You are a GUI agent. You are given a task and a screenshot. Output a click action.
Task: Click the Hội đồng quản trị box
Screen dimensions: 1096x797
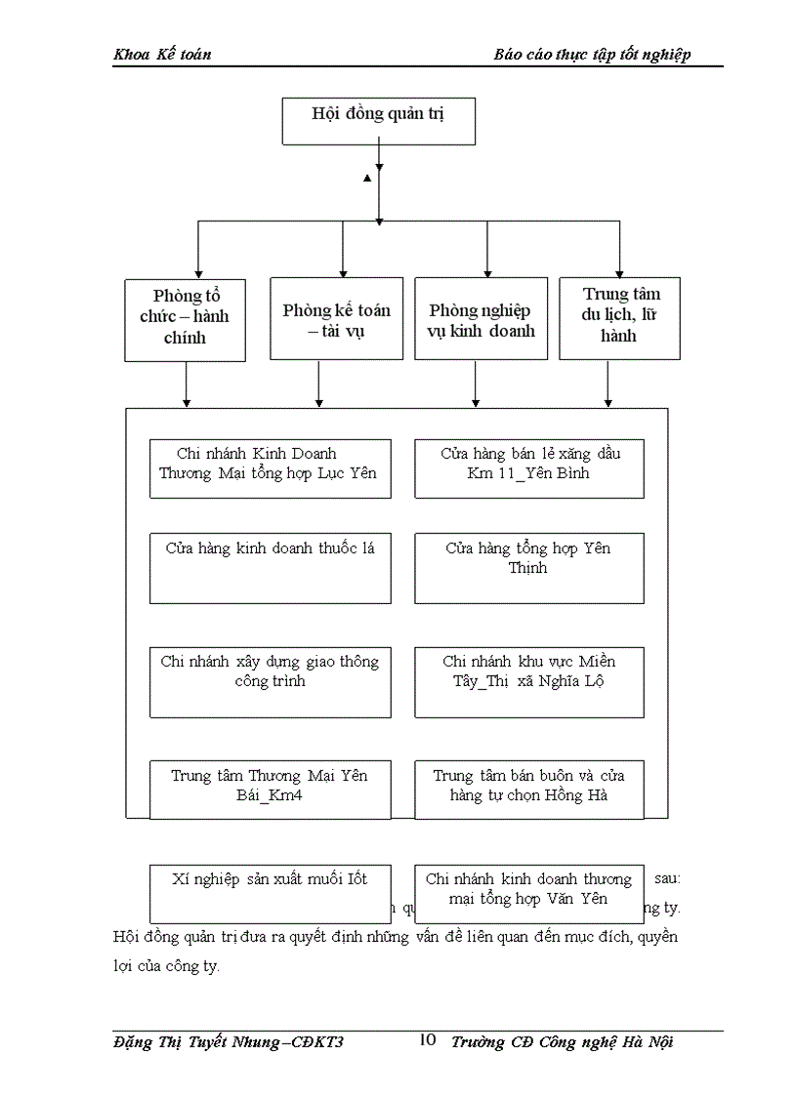coord(378,121)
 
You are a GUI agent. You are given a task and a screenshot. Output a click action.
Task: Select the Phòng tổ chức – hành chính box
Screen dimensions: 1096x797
coord(186,319)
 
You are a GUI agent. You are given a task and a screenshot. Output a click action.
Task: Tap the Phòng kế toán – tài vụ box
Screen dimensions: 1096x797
coord(336,319)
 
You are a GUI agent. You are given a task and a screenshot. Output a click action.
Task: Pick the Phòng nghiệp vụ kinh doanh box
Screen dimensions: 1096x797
coord(481,319)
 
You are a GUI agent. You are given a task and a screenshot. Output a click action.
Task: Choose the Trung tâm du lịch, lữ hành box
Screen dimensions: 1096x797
coord(620,316)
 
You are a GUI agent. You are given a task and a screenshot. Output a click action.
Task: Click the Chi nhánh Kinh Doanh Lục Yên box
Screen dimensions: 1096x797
coord(270,468)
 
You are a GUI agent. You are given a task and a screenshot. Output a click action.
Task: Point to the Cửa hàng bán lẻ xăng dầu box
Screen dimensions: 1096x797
coord(528,468)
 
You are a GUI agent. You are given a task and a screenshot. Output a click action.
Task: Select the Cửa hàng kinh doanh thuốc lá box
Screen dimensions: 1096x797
coord(270,567)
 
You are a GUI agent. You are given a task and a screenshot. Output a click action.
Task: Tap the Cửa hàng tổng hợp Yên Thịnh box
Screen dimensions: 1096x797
coord(528,567)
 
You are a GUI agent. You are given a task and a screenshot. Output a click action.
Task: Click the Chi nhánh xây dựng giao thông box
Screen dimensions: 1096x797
coord(270,681)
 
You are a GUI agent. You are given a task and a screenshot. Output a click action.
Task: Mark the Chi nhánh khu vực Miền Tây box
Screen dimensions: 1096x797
coord(528,681)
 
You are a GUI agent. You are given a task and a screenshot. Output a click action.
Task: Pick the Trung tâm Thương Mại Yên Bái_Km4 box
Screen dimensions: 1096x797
coord(270,789)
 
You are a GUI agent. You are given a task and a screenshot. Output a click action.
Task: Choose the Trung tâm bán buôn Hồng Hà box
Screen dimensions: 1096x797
coord(528,789)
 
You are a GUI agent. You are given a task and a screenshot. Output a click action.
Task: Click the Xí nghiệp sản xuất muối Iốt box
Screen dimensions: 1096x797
coord(270,892)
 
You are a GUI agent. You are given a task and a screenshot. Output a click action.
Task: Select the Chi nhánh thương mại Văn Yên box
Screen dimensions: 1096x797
coord(528,892)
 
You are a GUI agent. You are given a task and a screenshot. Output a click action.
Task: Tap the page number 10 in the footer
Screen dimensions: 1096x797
coord(427,1040)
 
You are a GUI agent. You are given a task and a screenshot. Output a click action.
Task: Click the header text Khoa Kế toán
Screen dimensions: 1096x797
coord(162,55)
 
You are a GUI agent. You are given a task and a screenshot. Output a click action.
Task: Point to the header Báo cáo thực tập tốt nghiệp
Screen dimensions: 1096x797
coord(592,55)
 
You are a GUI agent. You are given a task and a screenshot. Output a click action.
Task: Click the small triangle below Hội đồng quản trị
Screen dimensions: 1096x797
coord(367,178)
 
